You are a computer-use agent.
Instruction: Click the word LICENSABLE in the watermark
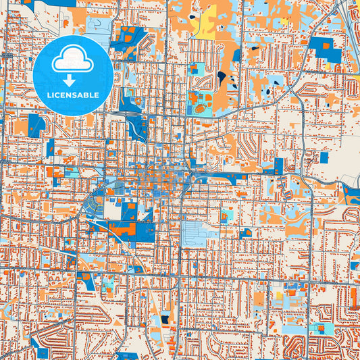[72, 95]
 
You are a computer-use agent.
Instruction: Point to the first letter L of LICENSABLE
[48, 95]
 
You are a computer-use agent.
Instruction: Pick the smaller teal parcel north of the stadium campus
[197, 68]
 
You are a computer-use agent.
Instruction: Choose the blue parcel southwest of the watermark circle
[35, 124]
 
